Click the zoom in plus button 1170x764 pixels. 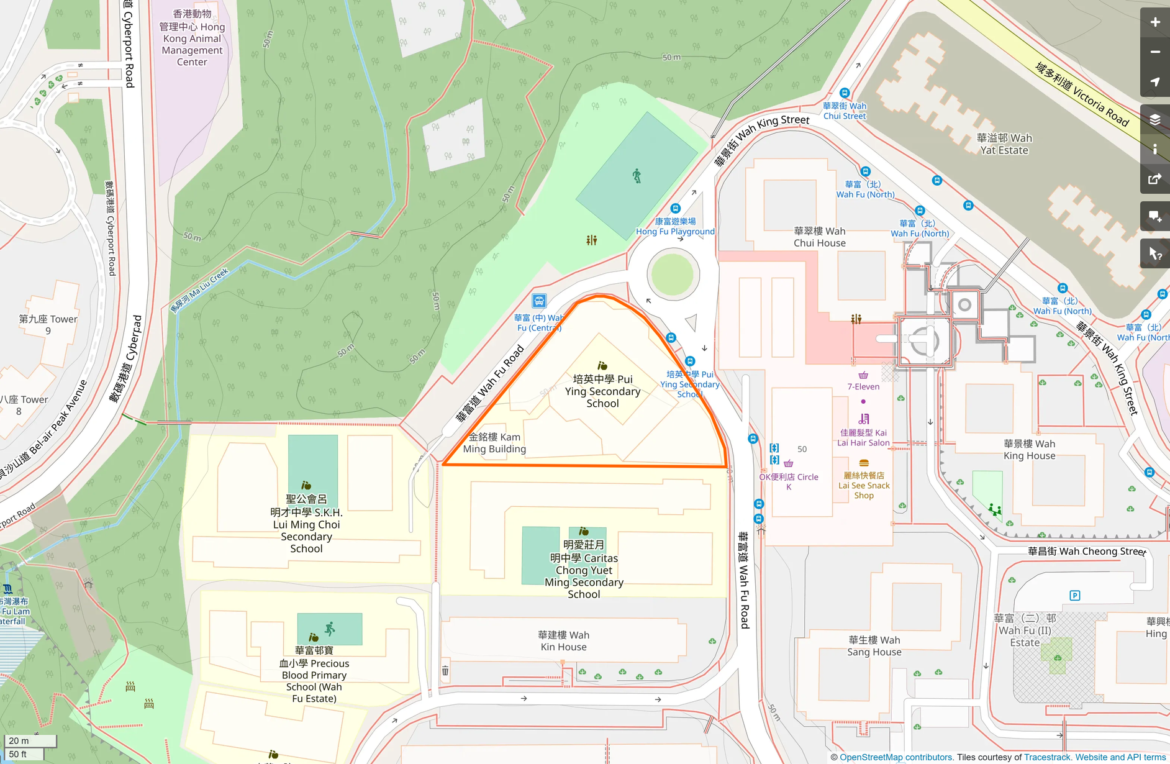1154,22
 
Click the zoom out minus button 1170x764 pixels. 1154,52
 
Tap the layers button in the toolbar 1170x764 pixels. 1154,119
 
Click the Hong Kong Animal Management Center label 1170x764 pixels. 192,38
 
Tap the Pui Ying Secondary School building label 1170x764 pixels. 602,391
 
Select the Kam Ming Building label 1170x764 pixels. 494,443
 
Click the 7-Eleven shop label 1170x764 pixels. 863,386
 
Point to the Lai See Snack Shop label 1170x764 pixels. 864,485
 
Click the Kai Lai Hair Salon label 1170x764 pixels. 863,437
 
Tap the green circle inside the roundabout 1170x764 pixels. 673,274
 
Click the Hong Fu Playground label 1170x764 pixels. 675,227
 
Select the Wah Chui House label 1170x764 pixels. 819,237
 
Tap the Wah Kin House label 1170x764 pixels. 563,641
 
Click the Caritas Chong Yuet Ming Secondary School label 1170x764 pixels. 584,570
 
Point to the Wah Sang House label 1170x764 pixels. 874,646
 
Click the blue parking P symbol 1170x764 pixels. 1075,596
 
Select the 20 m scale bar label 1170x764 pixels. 19,740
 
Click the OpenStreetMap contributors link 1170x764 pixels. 896,757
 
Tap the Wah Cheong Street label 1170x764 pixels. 1086,551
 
